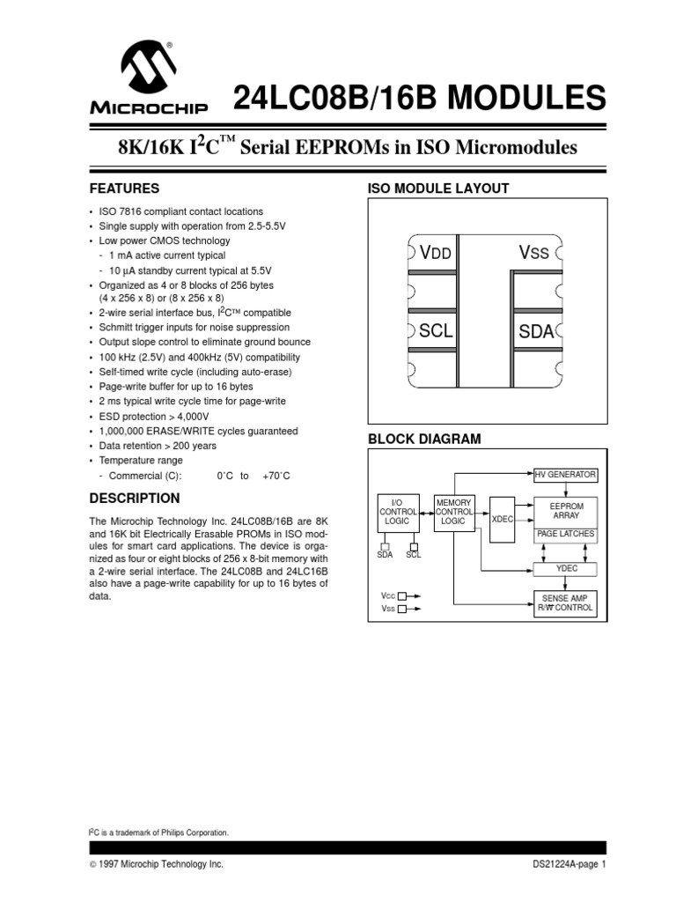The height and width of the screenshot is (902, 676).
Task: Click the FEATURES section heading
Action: (x=124, y=189)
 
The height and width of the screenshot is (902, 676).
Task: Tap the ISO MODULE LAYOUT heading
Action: (x=437, y=189)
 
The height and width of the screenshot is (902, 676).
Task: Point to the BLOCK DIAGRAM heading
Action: (x=423, y=440)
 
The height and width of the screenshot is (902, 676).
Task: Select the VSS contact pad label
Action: (x=533, y=253)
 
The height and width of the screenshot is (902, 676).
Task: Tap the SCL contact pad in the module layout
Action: (x=436, y=331)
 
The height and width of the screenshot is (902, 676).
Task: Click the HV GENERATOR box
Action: (x=565, y=475)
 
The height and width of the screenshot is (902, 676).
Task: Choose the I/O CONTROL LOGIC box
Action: (x=397, y=512)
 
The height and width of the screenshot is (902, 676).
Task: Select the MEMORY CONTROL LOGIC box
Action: (x=454, y=512)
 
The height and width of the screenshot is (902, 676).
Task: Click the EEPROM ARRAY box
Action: (x=565, y=512)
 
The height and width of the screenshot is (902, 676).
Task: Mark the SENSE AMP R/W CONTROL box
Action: (x=565, y=603)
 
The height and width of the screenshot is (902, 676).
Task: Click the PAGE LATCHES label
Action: (x=565, y=535)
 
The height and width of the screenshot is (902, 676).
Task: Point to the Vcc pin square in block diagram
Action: (x=401, y=596)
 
